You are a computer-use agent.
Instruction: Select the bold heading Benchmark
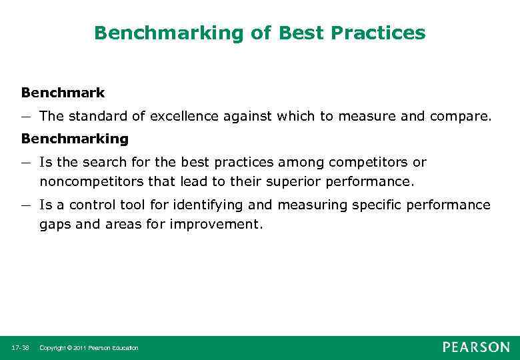(x=63, y=93)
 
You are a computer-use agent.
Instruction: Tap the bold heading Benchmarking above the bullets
(x=74, y=138)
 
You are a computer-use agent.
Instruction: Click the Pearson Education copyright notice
(x=89, y=348)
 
